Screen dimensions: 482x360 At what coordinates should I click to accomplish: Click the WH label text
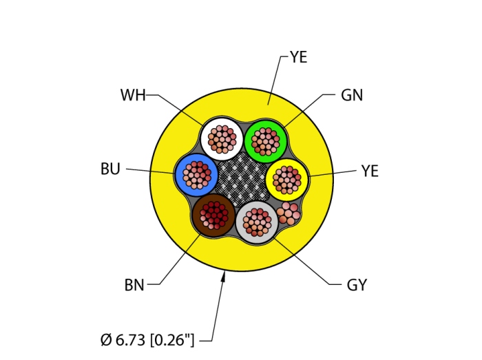(x=133, y=95)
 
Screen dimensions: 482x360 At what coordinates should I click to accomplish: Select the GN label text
(x=352, y=95)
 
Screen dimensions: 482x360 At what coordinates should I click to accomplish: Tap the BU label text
(x=110, y=169)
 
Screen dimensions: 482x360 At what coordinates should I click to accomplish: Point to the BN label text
(x=134, y=285)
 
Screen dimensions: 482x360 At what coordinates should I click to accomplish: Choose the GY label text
(x=357, y=285)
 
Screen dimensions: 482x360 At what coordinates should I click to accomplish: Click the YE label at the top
(x=299, y=57)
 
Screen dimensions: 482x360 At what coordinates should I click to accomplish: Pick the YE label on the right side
(x=370, y=171)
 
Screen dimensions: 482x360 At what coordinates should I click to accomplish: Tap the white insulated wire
(x=222, y=139)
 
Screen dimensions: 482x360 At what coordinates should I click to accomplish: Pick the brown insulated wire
(x=214, y=215)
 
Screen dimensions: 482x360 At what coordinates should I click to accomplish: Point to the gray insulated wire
(x=257, y=222)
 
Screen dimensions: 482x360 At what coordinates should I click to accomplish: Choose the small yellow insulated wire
(x=287, y=180)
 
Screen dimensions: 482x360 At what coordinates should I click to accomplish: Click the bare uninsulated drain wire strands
(x=288, y=213)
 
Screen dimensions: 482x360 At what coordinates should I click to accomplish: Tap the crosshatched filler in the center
(x=242, y=180)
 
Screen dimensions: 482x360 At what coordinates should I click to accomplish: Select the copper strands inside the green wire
(x=266, y=142)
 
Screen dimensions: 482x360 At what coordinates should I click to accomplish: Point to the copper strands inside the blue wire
(x=197, y=175)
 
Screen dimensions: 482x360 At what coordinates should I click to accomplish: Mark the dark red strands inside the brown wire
(x=214, y=215)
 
